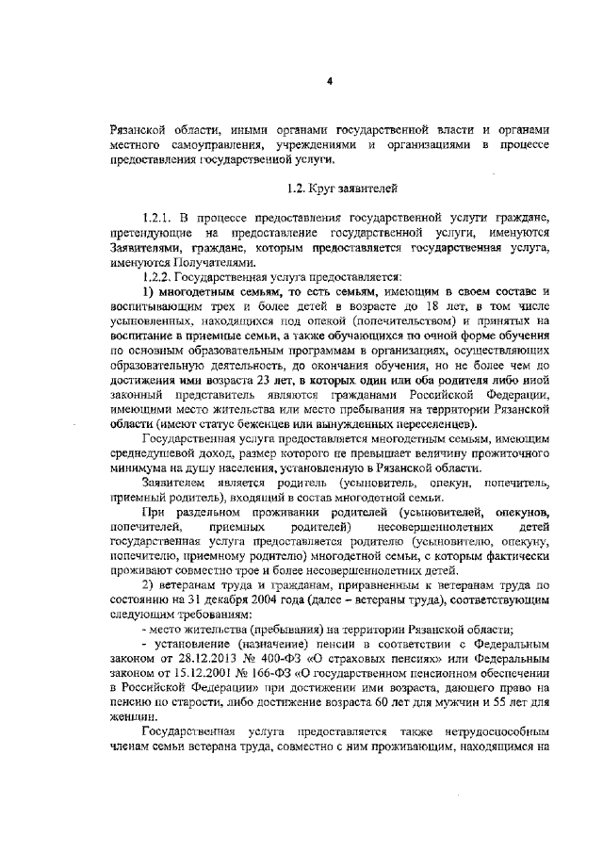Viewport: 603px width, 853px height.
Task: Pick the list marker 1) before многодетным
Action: [x=147, y=291]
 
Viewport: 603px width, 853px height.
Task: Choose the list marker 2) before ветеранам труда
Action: [x=147, y=584]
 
